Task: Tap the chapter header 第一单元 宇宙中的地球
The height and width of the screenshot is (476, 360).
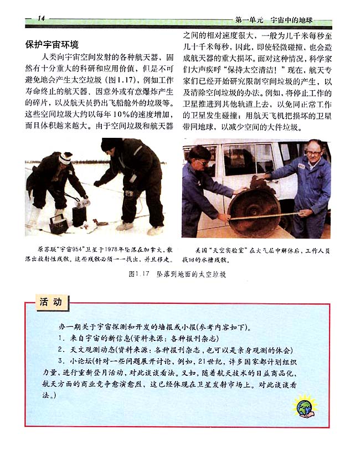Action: pos(274,20)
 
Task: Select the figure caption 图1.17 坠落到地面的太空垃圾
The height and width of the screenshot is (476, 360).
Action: pos(177,274)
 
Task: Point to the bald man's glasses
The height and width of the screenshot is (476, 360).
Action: pos(313,153)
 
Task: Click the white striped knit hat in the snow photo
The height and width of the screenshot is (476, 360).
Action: pos(65,158)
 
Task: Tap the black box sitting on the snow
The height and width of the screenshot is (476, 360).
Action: pos(59,224)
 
